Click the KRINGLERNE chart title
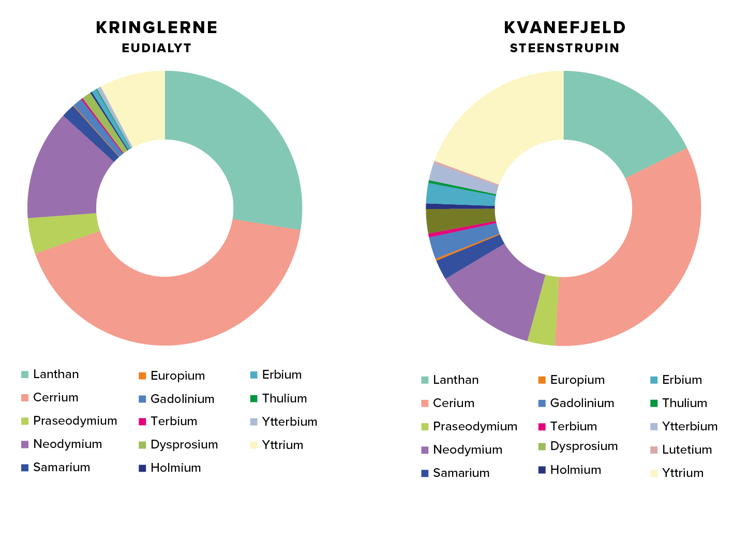point(157,28)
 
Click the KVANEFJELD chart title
point(565,28)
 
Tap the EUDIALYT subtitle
point(157,48)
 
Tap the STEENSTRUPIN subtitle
point(564,48)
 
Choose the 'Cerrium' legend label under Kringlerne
point(55,398)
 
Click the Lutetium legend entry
point(686,450)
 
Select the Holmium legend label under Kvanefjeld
point(575,470)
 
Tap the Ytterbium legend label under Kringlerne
point(289,422)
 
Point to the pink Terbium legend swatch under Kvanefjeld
point(542,427)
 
